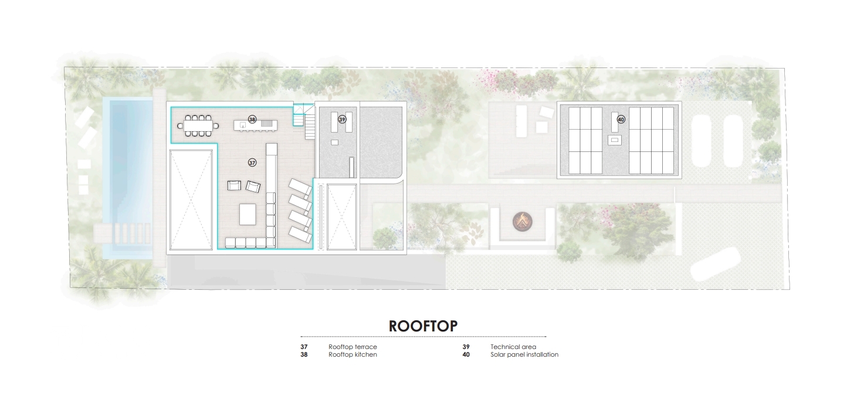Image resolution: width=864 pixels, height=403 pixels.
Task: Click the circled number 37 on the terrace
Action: (252, 162)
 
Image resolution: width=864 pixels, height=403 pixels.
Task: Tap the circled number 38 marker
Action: (252, 120)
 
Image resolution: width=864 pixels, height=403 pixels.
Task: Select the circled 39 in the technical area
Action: (342, 120)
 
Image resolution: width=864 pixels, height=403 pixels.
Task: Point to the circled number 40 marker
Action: (621, 120)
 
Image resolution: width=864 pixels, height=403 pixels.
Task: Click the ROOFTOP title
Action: (423, 326)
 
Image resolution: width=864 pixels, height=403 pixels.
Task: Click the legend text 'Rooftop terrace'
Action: (353, 347)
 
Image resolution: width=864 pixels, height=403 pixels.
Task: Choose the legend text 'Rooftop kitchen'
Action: (353, 354)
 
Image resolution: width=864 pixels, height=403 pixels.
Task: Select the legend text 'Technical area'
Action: (513, 347)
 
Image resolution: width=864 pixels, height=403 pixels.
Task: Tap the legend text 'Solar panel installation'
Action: (524, 354)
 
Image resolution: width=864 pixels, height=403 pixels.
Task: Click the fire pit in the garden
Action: (522, 222)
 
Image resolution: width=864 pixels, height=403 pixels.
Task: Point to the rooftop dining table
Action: (198, 126)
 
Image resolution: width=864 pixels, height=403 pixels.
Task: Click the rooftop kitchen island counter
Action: (255, 125)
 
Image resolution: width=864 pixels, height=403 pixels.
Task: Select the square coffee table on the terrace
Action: (248, 215)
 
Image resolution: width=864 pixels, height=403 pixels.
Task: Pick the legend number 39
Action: (466, 347)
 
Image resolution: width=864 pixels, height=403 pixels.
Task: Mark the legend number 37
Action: (304, 347)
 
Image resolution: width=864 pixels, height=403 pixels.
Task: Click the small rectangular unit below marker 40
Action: (615, 140)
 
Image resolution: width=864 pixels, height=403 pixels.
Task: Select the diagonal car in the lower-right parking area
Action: (716, 264)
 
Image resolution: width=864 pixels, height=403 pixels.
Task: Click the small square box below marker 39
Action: (334, 143)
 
